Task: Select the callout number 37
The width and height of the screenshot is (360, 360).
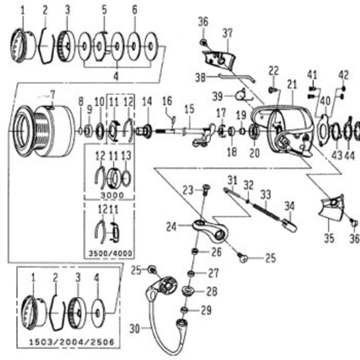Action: coord(228,33)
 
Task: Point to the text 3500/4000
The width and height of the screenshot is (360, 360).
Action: coord(110,253)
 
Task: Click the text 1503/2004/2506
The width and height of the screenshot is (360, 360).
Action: coord(72,342)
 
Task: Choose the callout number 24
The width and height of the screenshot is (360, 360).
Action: coord(171,227)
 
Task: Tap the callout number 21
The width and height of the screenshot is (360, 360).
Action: coord(292,85)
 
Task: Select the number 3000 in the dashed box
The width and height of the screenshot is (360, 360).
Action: coord(112,195)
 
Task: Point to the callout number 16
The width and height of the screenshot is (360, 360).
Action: coord(167,101)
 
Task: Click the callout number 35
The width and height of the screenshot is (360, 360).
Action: coord(329,238)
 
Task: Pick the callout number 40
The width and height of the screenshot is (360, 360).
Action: coord(325,101)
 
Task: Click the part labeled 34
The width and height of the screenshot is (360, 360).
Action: coord(289,225)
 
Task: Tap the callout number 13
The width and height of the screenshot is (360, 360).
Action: coord(126,156)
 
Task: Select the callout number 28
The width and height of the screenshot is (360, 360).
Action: coord(211,292)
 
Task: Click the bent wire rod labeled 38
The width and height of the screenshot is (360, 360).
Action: coord(237,77)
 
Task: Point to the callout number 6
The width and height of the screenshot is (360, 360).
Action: coord(135,10)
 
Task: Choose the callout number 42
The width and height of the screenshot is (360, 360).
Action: coord(343,75)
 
